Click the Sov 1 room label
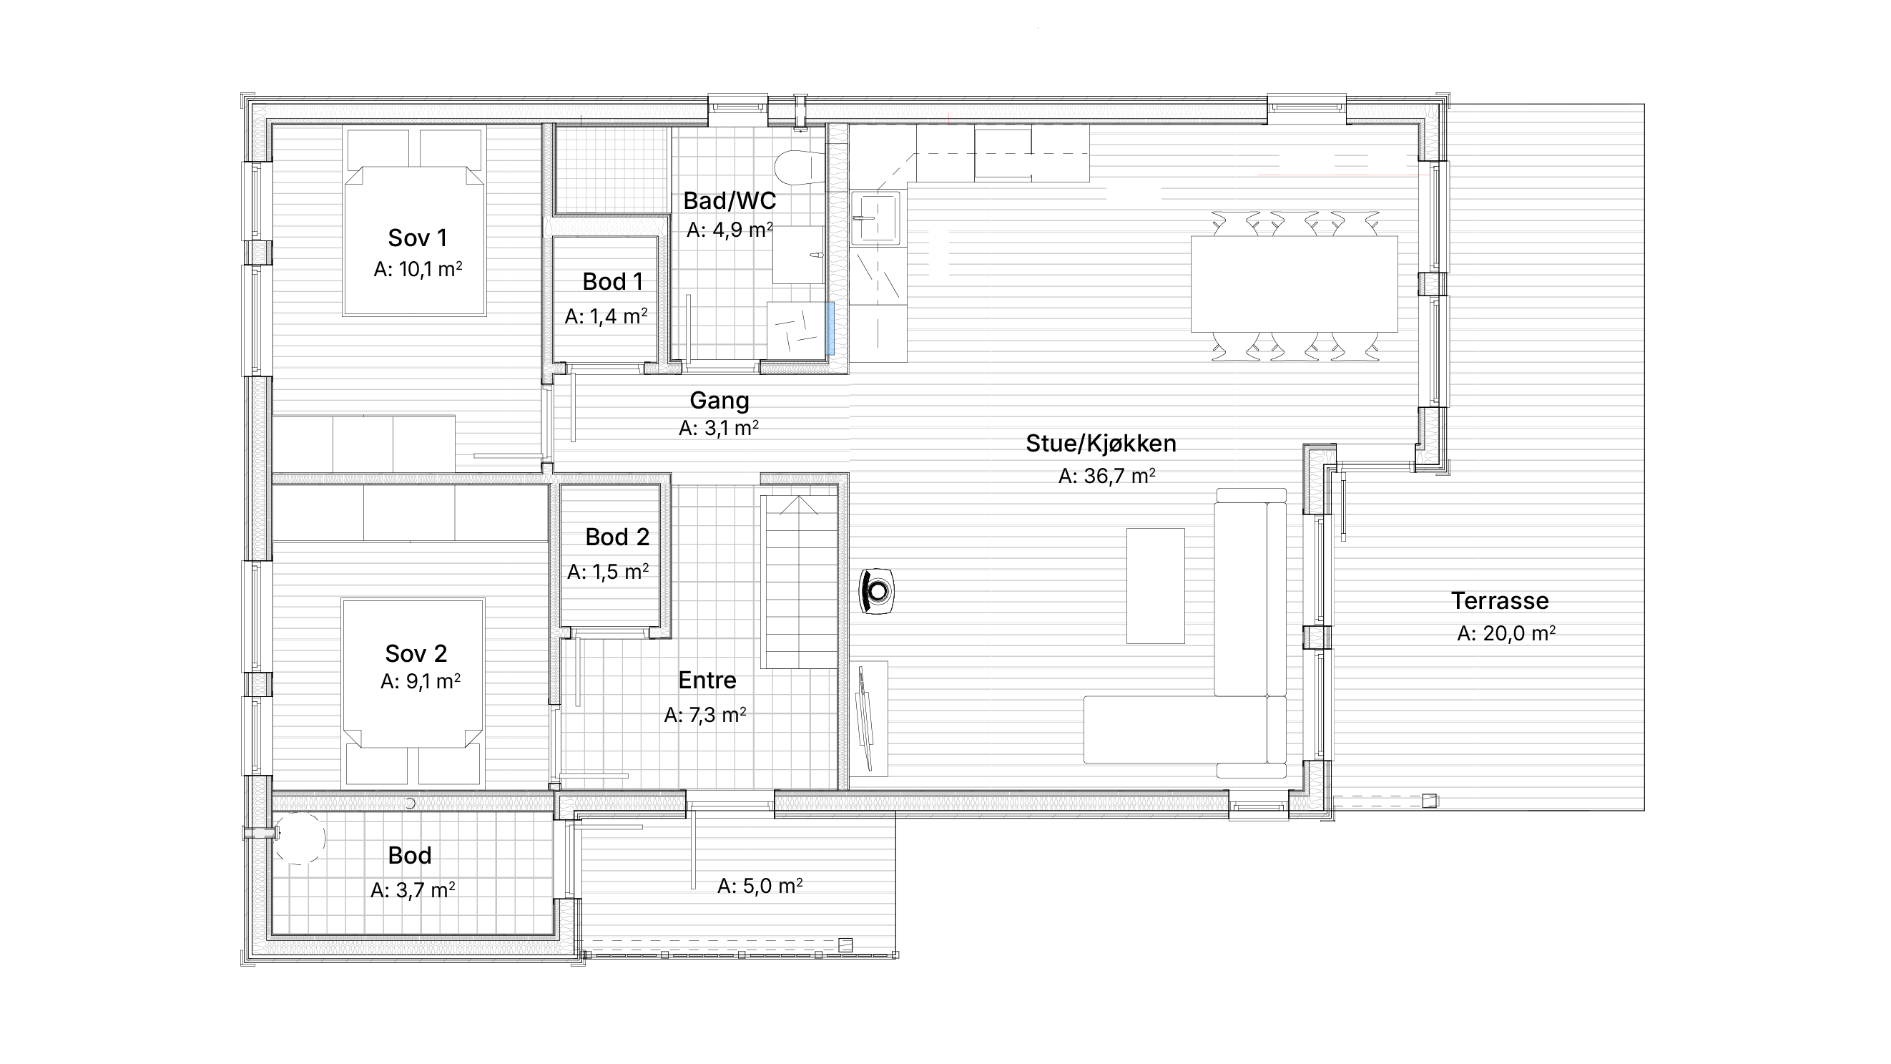[x=417, y=238]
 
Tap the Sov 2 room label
[x=416, y=653]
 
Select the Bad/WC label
[x=729, y=200]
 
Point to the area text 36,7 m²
[x=1106, y=476]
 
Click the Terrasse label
[x=1500, y=600]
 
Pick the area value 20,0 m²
[x=1506, y=633]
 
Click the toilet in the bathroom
[x=800, y=167]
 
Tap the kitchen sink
[x=875, y=218]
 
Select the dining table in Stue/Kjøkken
[x=1295, y=284]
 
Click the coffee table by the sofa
[x=1156, y=586]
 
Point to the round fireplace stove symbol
[x=877, y=591]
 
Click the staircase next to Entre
[x=799, y=582]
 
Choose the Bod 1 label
[x=612, y=281]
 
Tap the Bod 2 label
[x=617, y=537]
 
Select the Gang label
[x=719, y=401]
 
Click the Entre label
[x=707, y=680]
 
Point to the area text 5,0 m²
[x=760, y=887]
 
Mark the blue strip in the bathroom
[x=830, y=328]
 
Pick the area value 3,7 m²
[x=413, y=890]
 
